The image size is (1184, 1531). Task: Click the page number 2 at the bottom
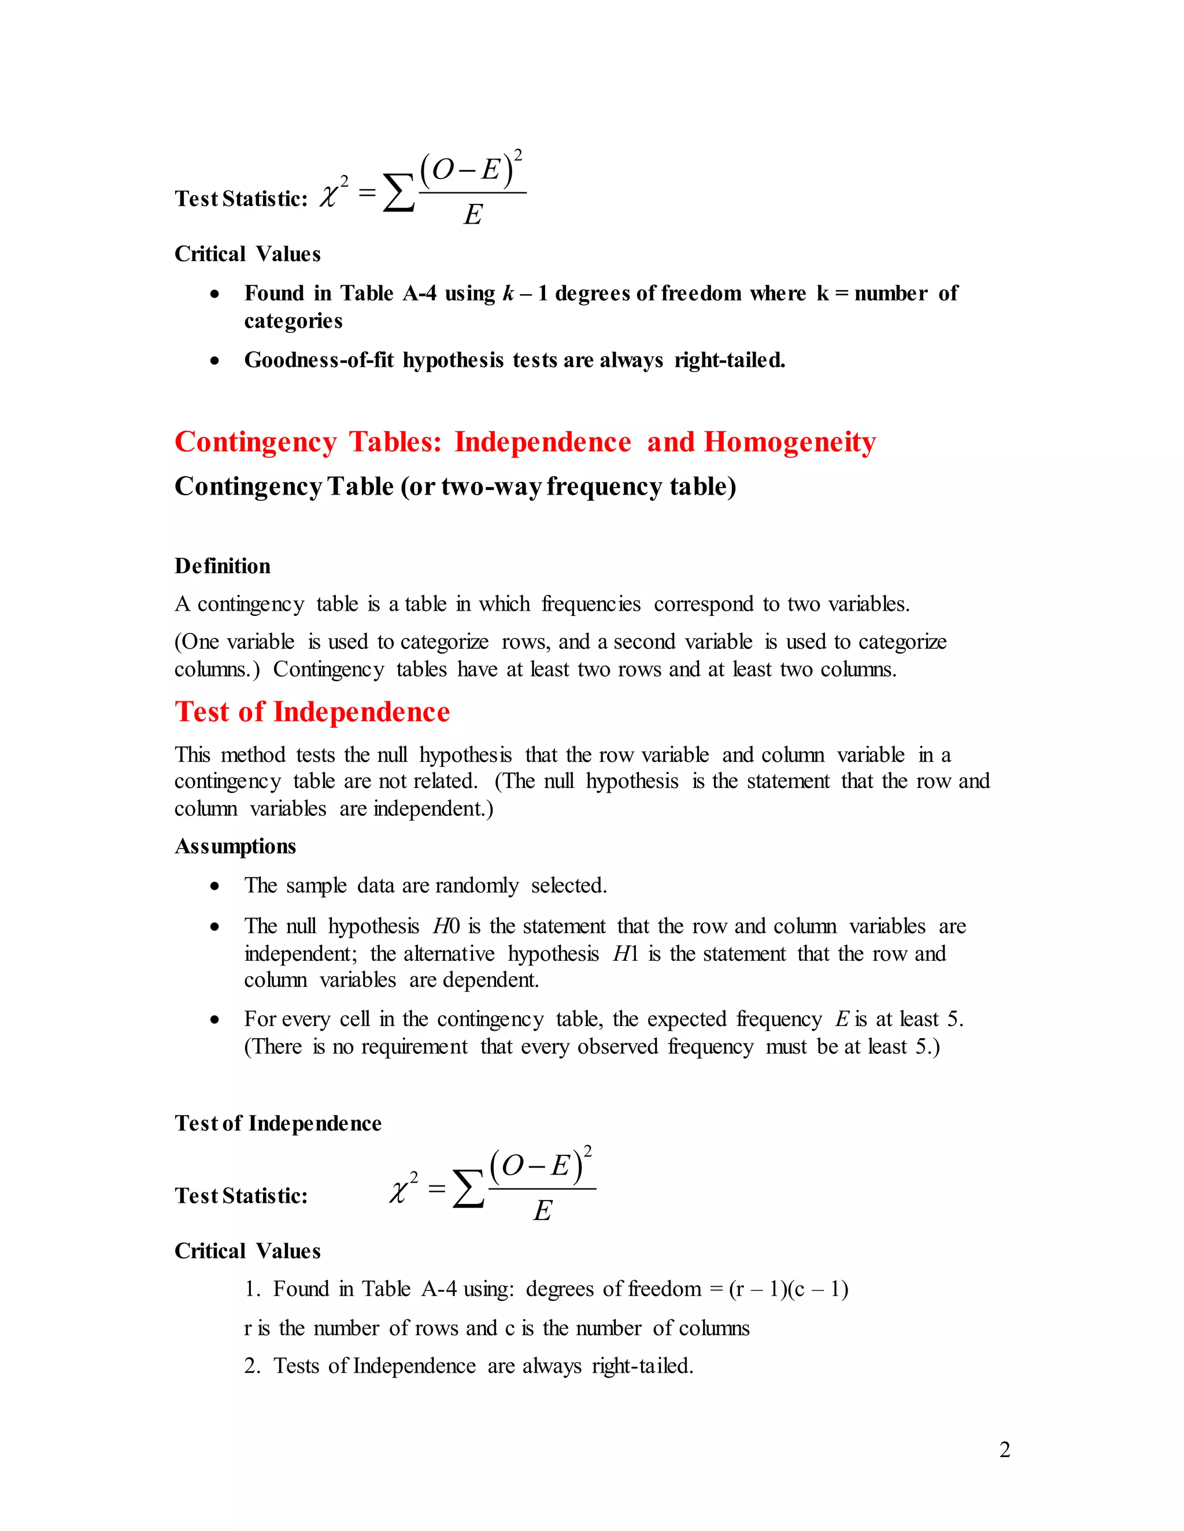pos(1004,1450)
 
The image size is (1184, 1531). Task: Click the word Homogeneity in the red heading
pos(790,443)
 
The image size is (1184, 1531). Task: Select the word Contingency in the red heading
pos(256,443)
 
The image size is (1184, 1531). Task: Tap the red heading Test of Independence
pos(312,712)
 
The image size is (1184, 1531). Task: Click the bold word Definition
pos(223,566)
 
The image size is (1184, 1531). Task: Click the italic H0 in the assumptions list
pos(446,926)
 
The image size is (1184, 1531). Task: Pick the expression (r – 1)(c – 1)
pos(789,1288)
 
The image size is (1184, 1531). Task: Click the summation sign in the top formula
pos(398,194)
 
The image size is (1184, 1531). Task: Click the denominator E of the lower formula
pos(542,1210)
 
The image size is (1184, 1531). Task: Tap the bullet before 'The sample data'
pos(214,886)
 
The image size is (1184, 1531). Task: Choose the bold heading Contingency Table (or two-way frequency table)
pos(455,486)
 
